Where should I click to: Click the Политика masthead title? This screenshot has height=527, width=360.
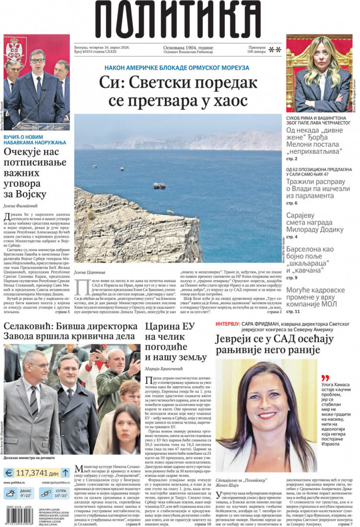point(178,19)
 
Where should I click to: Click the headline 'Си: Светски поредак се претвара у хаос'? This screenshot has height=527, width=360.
point(178,91)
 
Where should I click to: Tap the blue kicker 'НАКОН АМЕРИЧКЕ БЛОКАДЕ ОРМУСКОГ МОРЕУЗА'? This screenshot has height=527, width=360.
point(177,68)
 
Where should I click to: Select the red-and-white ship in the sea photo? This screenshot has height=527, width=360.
point(159,185)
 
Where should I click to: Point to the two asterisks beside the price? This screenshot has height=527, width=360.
point(275,50)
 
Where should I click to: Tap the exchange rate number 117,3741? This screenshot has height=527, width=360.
point(32,473)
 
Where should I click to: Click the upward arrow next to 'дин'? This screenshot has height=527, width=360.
point(65,472)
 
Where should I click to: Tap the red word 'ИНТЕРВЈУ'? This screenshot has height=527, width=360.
point(228,324)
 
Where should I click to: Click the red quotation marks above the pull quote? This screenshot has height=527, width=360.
point(325,378)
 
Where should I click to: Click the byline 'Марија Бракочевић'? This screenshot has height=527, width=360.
point(164,369)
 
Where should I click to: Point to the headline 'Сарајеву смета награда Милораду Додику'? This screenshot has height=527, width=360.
point(314,222)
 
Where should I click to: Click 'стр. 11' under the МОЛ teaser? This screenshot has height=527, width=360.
point(293,311)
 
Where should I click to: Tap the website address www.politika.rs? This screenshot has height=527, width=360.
point(14,483)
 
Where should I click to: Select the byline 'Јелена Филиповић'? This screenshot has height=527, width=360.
point(21,206)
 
